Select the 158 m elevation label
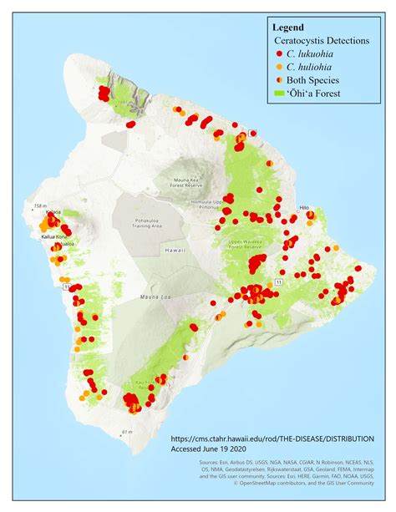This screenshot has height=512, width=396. click(38, 205)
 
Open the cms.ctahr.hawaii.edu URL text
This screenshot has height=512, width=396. click(272, 438)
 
